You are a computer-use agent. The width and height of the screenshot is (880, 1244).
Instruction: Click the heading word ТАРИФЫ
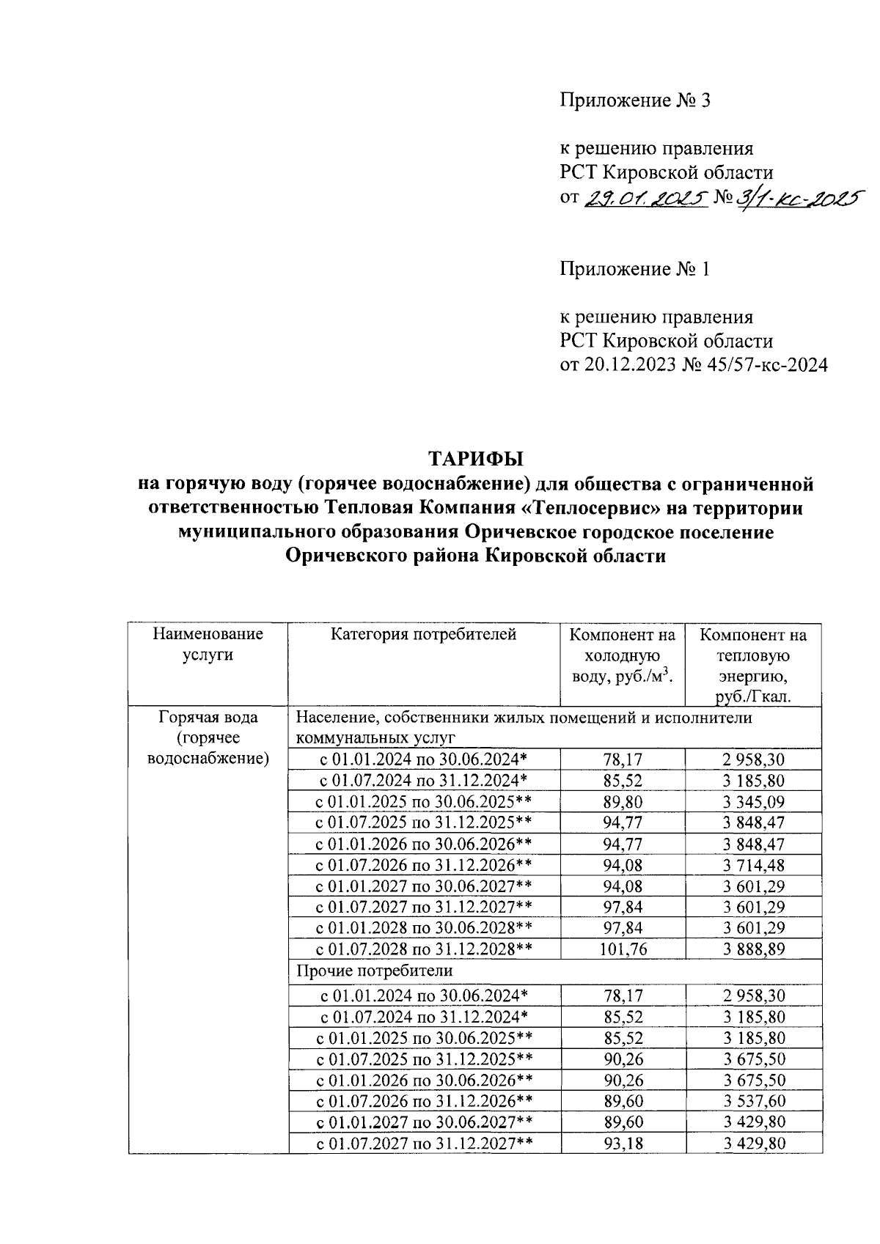(x=477, y=460)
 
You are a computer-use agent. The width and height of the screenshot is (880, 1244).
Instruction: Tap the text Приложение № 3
(x=635, y=100)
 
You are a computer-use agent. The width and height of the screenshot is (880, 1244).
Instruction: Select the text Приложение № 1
(x=635, y=269)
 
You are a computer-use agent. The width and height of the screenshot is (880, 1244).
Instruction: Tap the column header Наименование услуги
(x=208, y=644)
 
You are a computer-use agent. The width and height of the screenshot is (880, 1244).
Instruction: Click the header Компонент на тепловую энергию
(x=753, y=665)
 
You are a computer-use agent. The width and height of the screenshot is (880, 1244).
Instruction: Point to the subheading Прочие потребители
(x=374, y=971)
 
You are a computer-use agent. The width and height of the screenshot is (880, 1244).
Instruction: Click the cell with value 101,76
(x=623, y=949)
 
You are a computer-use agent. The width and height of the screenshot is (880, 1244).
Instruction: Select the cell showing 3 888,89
(x=753, y=949)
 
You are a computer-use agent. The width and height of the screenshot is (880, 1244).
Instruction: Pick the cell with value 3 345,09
(x=753, y=801)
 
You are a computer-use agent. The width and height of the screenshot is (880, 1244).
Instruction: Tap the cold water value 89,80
(x=623, y=801)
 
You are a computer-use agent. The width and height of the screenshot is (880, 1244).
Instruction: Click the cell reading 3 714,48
(x=753, y=865)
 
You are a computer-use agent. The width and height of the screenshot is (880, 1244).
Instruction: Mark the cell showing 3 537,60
(x=753, y=1101)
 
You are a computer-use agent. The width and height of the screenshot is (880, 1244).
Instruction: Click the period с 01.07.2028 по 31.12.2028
(x=423, y=949)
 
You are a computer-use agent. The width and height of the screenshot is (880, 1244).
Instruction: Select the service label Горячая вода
(x=208, y=718)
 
